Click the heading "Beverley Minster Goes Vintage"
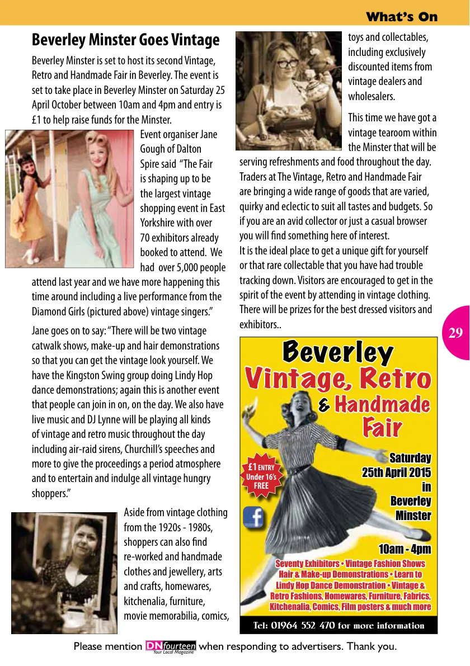[125, 40]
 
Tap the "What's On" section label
[401, 17]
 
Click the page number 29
[455, 333]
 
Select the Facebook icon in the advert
[254, 518]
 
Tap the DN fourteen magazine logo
[170, 647]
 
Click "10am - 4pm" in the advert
[404, 549]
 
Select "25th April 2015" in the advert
[396, 473]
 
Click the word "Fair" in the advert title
[382, 428]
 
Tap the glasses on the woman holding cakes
[286, 63]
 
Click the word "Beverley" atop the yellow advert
[337, 353]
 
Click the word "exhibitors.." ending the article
[260, 324]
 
